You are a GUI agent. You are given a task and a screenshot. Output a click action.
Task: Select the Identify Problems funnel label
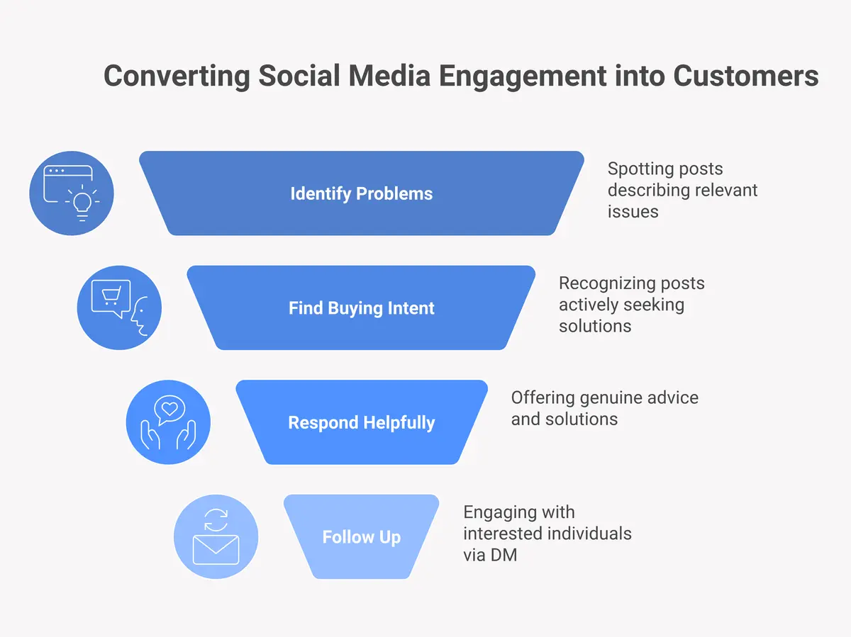tap(361, 193)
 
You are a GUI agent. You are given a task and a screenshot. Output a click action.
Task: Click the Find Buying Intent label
tap(361, 308)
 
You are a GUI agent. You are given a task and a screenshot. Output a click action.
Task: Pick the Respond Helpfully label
tap(361, 423)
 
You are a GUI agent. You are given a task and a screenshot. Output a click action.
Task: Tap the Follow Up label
tap(361, 537)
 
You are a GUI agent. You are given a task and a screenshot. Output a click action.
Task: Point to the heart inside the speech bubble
tap(169, 409)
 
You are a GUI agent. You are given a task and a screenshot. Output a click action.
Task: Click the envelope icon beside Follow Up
tap(216, 548)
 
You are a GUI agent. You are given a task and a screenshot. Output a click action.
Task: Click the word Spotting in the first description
tap(639, 169)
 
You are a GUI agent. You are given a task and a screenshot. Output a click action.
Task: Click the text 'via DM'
tap(490, 555)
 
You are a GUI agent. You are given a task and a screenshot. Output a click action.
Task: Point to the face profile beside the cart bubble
tap(140, 317)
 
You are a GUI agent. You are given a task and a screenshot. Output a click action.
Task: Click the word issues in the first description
tap(633, 212)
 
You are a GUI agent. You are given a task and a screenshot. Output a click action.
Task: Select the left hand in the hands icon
tap(150, 436)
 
